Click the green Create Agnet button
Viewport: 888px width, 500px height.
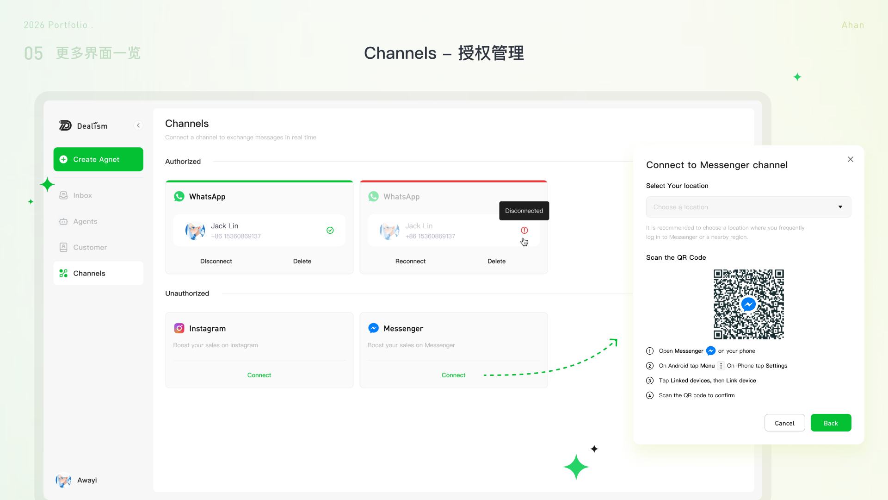click(x=98, y=159)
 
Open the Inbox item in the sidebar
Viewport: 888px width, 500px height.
click(x=76, y=195)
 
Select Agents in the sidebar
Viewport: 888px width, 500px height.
click(x=79, y=221)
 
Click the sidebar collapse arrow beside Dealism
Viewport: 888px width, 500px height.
click(x=138, y=125)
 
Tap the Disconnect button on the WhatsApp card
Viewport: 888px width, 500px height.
click(x=216, y=261)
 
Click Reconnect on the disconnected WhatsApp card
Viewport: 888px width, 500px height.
click(x=410, y=261)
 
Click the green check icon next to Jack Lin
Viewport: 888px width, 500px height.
click(x=330, y=231)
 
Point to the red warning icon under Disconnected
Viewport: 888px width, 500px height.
click(x=524, y=230)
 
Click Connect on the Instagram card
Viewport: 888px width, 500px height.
click(x=259, y=375)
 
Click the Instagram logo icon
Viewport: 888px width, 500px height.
click(x=179, y=328)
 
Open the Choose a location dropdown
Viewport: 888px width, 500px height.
click(x=748, y=207)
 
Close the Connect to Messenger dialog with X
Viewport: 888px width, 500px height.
click(x=851, y=159)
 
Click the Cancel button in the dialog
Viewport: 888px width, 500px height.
click(x=785, y=423)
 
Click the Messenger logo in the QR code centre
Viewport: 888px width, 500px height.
click(x=748, y=304)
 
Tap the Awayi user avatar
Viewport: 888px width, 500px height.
click(x=63, y=480)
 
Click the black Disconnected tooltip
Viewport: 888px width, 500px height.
click(x=524, y=211)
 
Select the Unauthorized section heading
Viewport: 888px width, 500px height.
click(x=187, y=293)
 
